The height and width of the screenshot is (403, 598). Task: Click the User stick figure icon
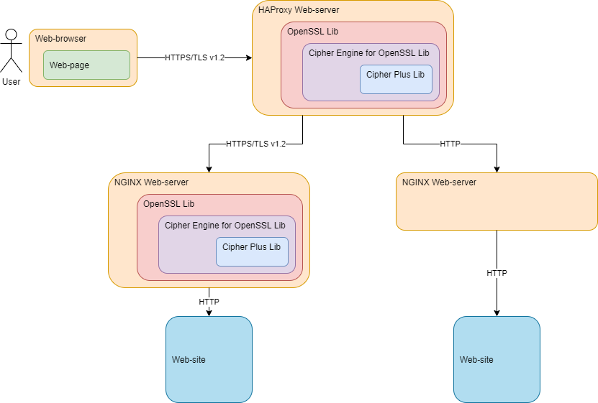coord(11,52)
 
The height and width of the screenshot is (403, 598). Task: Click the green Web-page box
coord(86,65)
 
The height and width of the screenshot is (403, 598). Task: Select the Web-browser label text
coord(60,38)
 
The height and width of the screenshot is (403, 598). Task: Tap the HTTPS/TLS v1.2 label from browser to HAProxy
coord(194,57)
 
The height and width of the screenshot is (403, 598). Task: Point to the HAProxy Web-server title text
coord(299,9)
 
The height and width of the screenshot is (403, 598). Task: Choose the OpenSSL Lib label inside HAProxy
coord(312,31)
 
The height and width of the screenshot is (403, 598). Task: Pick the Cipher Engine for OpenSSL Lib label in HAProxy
coord(368,52)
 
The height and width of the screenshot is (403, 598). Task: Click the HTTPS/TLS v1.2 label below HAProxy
coord(255,144)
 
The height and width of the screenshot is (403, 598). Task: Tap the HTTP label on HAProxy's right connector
coord(450,144)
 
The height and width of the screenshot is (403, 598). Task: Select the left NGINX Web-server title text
coord(151,182)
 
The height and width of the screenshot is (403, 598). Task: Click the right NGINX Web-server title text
coord(439,182)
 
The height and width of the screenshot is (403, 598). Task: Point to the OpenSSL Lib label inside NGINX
coord(168,203)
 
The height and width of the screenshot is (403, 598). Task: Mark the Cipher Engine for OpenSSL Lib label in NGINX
coord(225,225)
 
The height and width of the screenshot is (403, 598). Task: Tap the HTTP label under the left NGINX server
coord(209,302)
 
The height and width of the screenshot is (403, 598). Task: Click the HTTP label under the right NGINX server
coord(497,273)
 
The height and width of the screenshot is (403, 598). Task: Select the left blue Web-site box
coord(209,359)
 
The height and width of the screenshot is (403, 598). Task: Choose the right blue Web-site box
coord(497,359)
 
